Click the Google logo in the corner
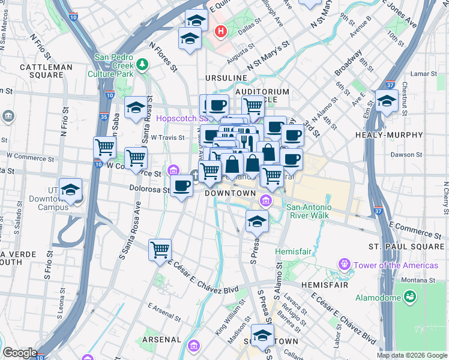20,353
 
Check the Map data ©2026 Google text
412,355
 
